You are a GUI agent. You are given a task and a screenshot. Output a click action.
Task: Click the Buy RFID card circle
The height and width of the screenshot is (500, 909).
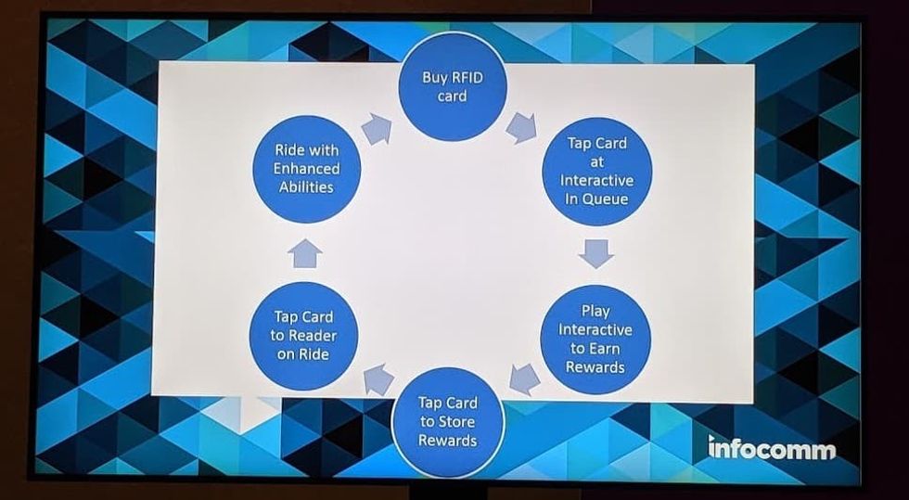pos(452,87)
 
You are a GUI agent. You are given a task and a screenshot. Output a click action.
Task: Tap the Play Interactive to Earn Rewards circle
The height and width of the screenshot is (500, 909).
pos(595,340)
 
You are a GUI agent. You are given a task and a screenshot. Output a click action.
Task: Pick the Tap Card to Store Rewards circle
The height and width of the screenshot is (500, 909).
pos(448,421)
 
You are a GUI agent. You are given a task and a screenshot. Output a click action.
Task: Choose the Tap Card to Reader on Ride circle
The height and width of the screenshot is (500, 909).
pos(304,335)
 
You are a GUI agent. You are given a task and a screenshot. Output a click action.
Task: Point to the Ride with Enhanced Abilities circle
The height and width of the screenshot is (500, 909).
pos(307,168)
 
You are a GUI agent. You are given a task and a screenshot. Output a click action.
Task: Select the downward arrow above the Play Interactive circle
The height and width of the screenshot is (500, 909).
pos(595,252)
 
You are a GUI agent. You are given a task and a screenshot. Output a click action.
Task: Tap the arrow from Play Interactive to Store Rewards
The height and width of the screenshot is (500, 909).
pos(525,378)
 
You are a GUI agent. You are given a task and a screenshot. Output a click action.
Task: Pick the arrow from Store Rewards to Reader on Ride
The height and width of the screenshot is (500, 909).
pos(378,378)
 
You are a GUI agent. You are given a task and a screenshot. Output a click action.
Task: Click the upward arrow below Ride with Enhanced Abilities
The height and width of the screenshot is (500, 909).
pos(304,252)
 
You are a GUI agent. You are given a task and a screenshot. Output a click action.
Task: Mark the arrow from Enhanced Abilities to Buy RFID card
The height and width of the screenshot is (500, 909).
pos(376,129)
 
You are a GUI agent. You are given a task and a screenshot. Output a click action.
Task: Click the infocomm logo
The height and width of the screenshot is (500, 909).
pos(771,449)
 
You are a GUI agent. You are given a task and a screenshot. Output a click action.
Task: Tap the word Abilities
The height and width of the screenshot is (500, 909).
pos(306,186)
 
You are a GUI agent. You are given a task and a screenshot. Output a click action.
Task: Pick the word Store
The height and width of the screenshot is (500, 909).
pos(457,421)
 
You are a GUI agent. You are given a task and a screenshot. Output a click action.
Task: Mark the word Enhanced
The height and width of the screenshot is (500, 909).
pos(306,168)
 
